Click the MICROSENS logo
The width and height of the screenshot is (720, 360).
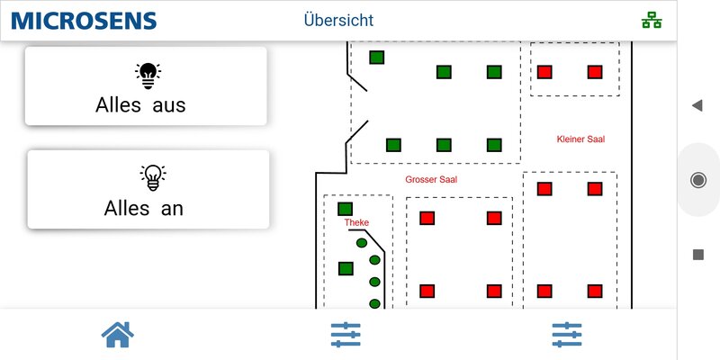point(84,21)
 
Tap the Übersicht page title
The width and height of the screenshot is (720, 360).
point(338,21)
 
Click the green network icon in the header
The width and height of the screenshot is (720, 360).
point(650,21)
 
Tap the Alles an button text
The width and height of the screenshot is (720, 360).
point(144,208)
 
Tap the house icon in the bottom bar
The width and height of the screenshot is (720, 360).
point(118,335)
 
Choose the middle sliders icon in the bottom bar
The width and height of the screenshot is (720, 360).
point(346,335)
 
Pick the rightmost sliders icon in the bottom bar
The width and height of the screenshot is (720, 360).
point(567,335)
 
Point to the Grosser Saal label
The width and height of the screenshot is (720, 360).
point(431,180)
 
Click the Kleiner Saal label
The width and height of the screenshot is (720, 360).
point(580,139)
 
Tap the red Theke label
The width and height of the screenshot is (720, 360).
point(356,222)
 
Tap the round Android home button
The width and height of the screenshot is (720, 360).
point(697,180)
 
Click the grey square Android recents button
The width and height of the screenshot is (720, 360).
point(697,255)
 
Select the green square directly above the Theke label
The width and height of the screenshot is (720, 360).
point(345,209)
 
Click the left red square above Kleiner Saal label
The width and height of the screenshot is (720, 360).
point(544,72)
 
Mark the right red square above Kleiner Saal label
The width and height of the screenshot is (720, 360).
point(594,72)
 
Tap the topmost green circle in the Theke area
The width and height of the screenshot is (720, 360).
point(362,243)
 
